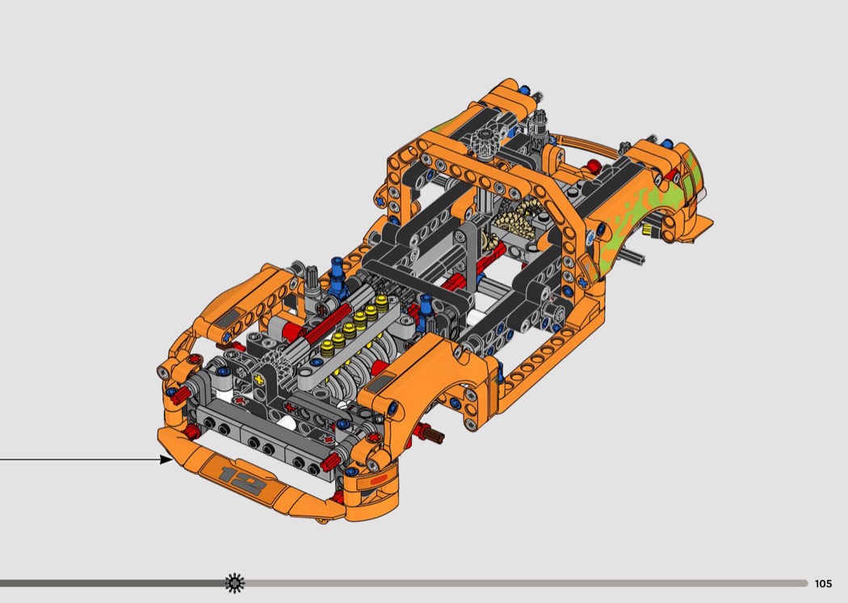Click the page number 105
pyautogui.click(x=823, y=584)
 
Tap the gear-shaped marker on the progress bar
pyautogui.click(x=235, y=583)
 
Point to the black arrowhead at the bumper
pyautogui.click(x=166, y=460)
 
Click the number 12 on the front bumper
pyautogui.click(x=242, y=477)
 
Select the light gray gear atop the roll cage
pyautogui.click(x=485, y=142)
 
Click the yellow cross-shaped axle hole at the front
pyautogui.click(x=260, y=379)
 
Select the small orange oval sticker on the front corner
pyautogui.click(x=378, y=479)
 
